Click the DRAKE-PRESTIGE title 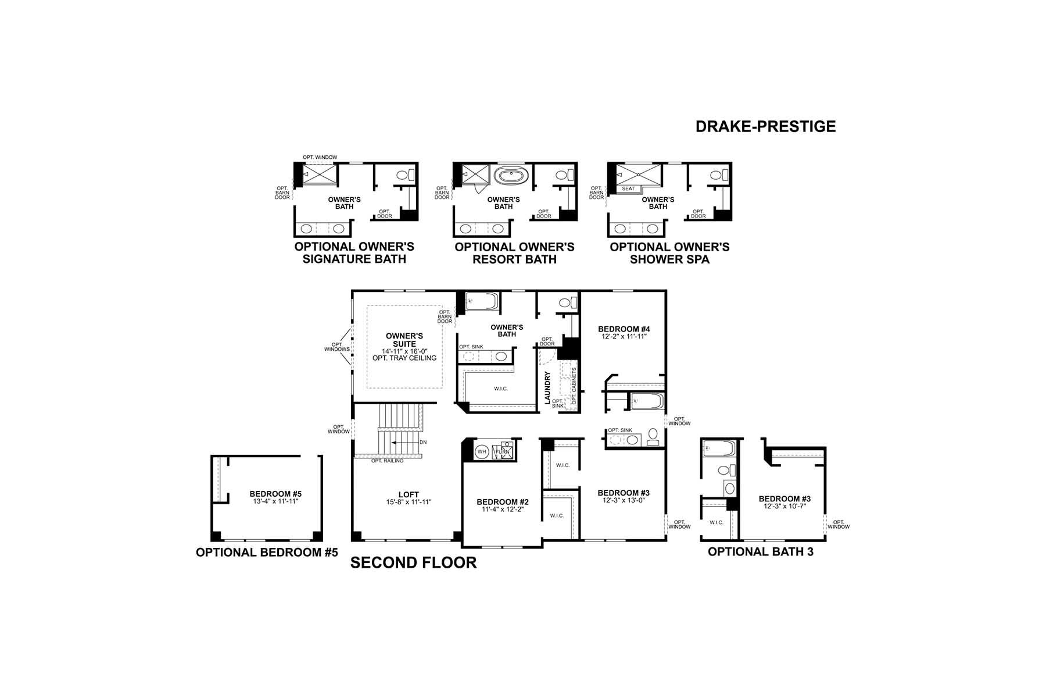pyautogui.click(x=765, y=126)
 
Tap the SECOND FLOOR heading pyautogui.click(x=413, y=562)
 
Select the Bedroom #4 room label pyautogui.click(x=622, y=329)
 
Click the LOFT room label pyautogui.click(x=409, y=494)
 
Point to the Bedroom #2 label pyautogui.click(x=502, y=501)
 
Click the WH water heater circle pyautogui.click(x=482, y=451)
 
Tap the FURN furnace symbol pyautogui.click(x=503, y=451)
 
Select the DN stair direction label pyautogui.click(x=423, y=442)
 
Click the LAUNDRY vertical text pyautogui.click(x=547, y=388)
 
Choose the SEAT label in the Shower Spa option pyautogui.click(x=628, y=188)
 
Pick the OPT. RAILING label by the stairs pyautogui.click(x=388, y=461)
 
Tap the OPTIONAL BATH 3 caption pyautogui.click(x=760, y=551)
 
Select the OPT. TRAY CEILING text pyautogui.click(x=404, y=358)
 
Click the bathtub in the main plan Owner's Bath pyautogui.click(x=482, y=301)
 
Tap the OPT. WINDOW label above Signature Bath pyautogui.click(x=320, y=158)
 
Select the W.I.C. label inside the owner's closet pyautogui.click(x=500, y=389)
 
